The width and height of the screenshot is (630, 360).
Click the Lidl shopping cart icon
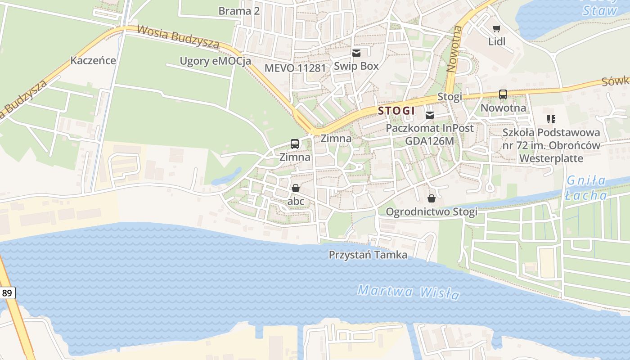(x=496, y=29)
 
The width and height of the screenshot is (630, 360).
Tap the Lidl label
(x=497, y=42)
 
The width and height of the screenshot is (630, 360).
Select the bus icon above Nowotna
(x=503, y=94)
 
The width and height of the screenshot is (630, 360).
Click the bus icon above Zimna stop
(x=295, y=144)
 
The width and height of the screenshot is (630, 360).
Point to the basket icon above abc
(x=296, y=188)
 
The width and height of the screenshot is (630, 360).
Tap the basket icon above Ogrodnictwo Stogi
(x=432, y=198)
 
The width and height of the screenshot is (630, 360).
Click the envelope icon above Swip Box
(x=356, y=53)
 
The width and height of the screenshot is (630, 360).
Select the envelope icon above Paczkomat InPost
(x=431, y=115)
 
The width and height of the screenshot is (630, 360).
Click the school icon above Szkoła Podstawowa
(x=551, y=119)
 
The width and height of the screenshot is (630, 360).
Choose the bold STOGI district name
(x=396, y=111)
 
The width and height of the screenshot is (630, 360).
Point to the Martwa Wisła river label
(x=409, y=292)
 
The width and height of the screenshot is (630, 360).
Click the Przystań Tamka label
(x=368, y=255)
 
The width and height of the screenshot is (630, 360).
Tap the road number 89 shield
(x=7, y=293)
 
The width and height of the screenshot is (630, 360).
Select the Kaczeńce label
(x=93, y=60)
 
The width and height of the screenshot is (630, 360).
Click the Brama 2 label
(x=239, y=11)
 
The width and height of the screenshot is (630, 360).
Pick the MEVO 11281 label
(x=295, y=68)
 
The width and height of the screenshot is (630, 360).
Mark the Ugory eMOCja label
(x=215, y=61)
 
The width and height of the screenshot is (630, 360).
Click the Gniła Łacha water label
(x=586, y=188)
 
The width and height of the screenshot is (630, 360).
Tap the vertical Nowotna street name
(x=454, y=49)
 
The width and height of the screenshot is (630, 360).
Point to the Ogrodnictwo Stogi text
(x=432, y=211)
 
